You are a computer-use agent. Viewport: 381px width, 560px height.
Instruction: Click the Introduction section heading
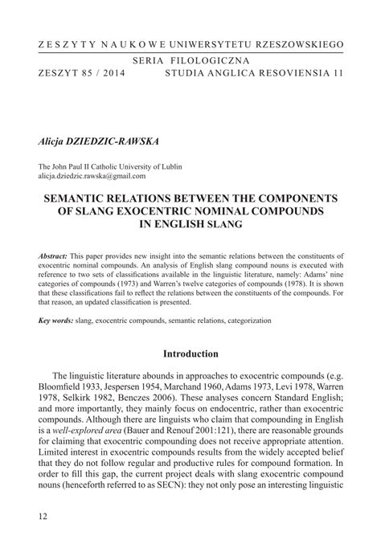pyautogui.click(x=190, y=353)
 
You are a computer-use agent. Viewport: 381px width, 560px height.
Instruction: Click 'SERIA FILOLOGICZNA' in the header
pyautogui.click(x=190, y=60)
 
